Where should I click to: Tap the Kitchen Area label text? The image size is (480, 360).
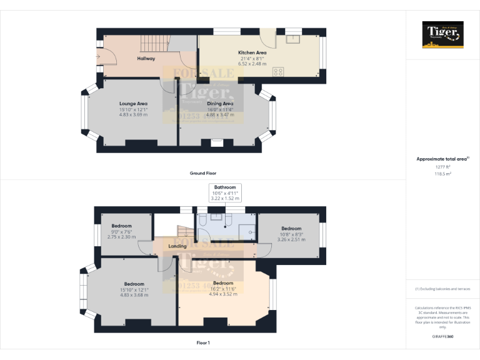coord(252,52)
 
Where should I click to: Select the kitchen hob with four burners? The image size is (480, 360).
coord(277,71)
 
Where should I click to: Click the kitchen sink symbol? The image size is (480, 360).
coord(293,38)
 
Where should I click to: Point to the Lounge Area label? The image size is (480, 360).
coord(133,104)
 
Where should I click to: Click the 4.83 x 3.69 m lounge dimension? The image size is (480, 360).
coord(133,115)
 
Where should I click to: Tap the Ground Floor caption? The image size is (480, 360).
coord(203,172)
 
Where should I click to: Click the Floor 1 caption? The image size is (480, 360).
coord(203,342)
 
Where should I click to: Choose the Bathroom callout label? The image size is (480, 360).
coord(225,187)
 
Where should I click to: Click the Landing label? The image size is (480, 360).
coord(178,246)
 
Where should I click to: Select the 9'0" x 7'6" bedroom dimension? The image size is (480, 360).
coord(122,232)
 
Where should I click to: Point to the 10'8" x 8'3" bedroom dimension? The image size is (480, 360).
coord(291,234)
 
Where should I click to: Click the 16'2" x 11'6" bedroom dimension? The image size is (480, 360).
coord(223,289)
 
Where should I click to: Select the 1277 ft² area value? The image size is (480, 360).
coord(442,167)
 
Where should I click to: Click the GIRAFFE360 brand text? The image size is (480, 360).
coord(442,337)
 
